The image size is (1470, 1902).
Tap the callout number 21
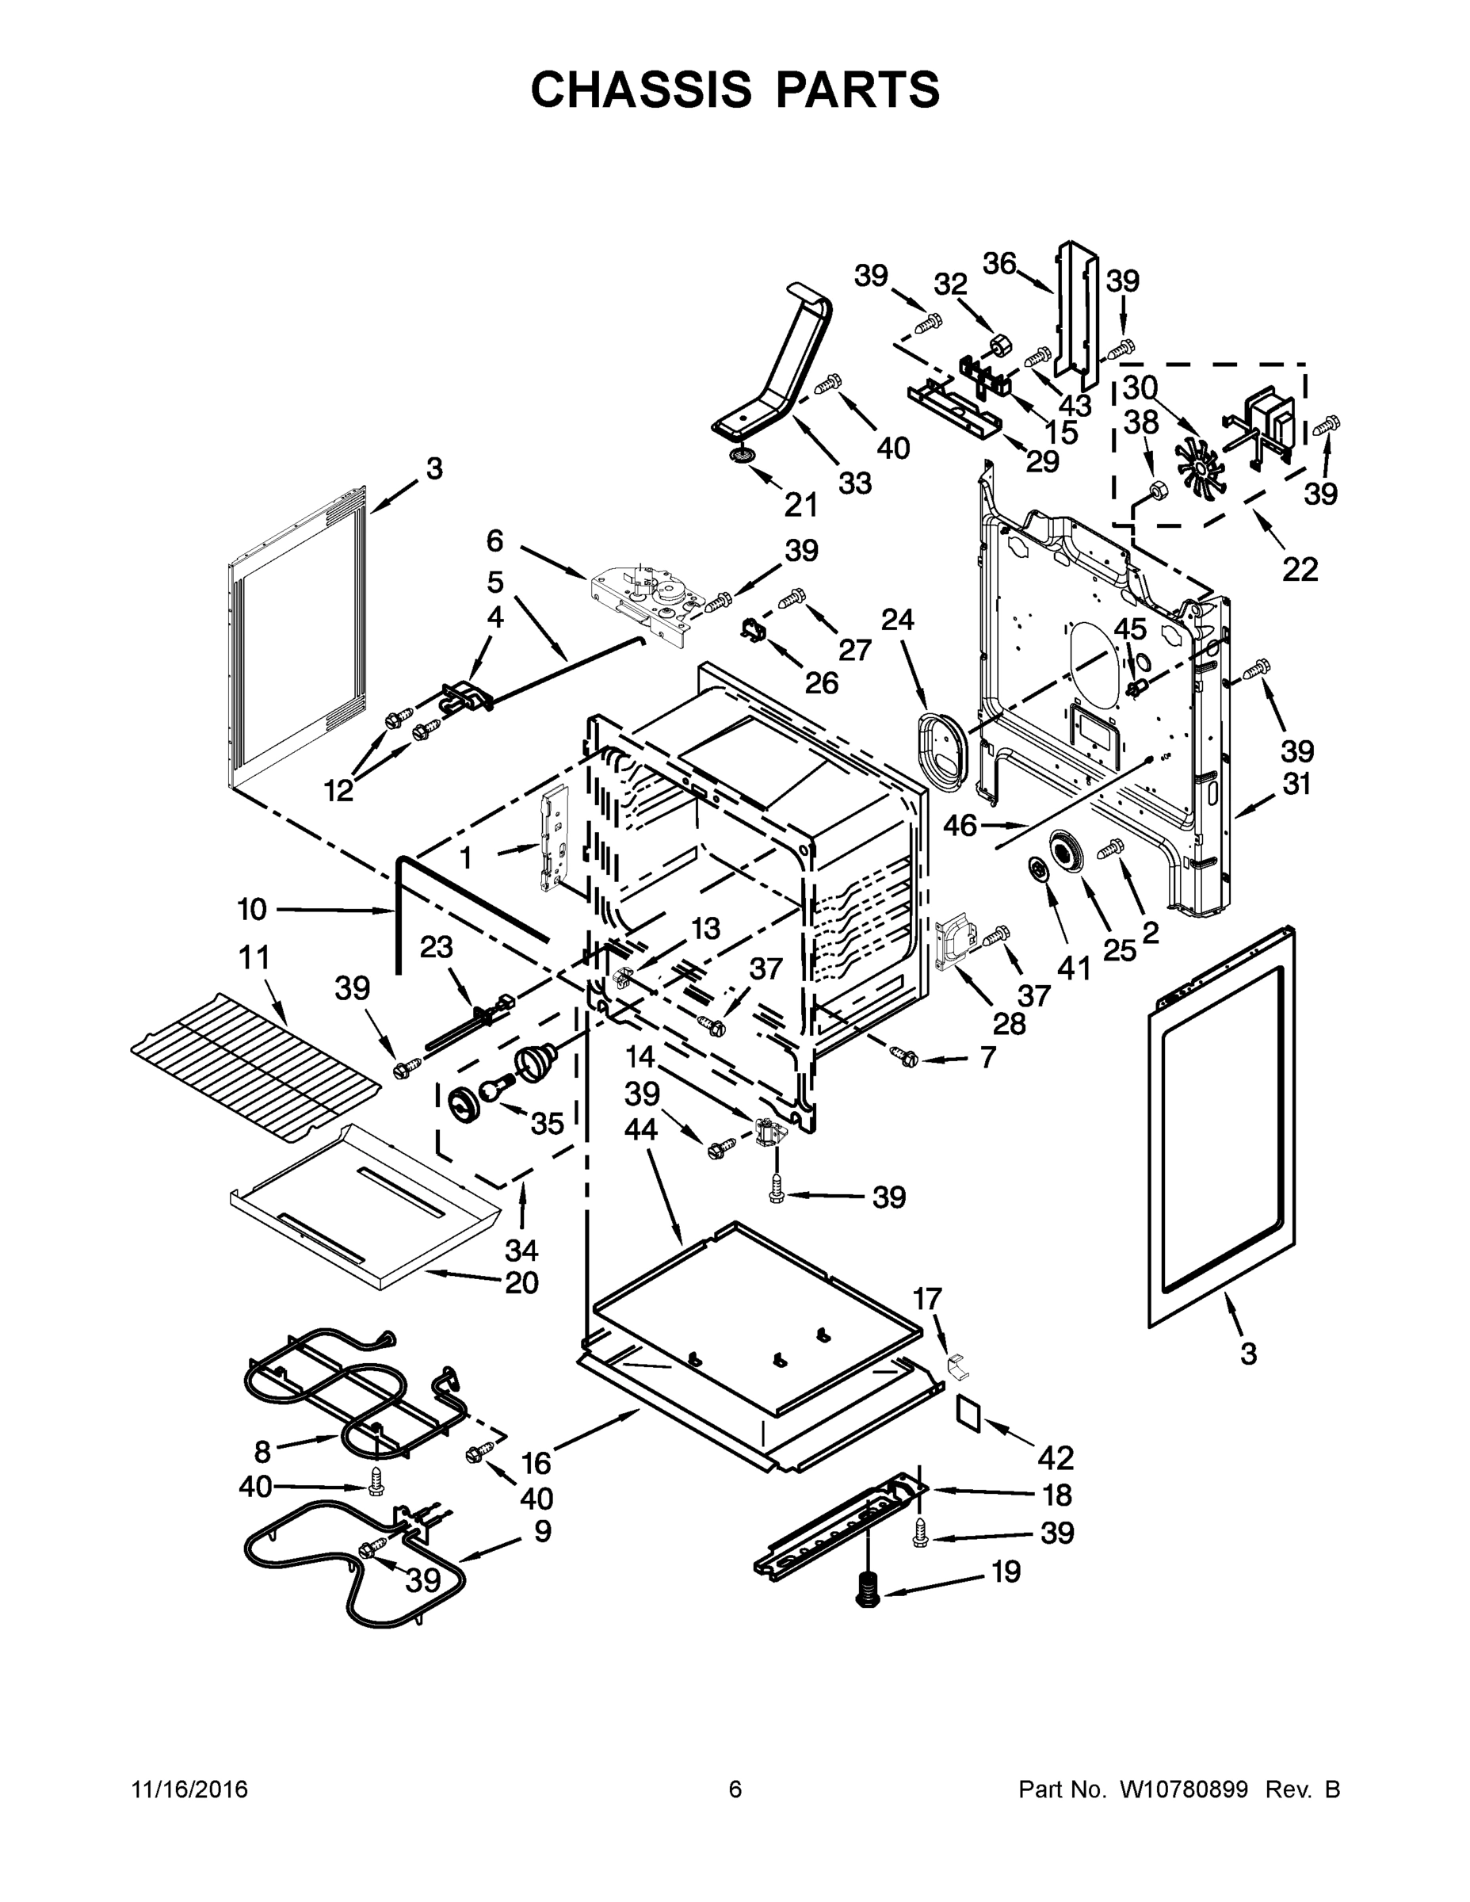tap(800, 504)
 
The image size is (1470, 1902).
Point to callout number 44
tap(640, 1130)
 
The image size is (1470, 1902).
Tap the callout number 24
tap(897, 620)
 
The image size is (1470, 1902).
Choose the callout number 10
tap(252, 910)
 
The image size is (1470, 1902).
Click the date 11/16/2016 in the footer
tap(190, 1789)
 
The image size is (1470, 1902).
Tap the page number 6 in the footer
tap(735, 1789)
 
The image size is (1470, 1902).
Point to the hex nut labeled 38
tap(1159, 491)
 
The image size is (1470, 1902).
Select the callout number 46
tap(960, 824)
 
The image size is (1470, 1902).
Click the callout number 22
tap(1300, 570)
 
